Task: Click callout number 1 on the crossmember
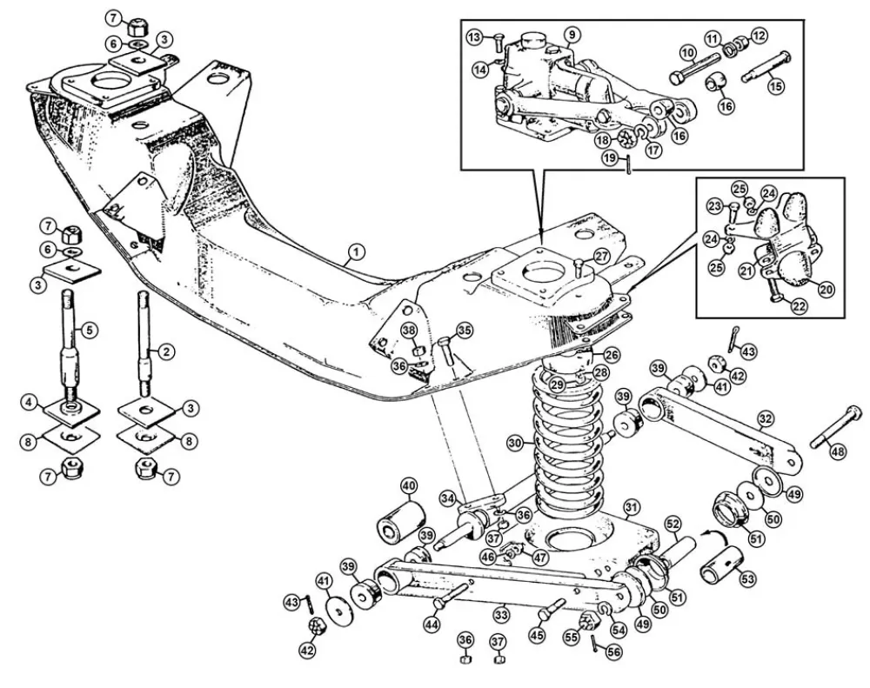click(x=357, y=252)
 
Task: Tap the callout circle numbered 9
click(x=572, y=35)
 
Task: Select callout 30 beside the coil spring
click(x=515, y=443)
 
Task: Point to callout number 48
click(x=838, y=451)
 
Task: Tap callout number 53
click(x=748, y=579)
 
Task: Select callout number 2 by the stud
click(x=167, y=351)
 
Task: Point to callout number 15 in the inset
click(x=777, y=85)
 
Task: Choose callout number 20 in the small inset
click(x=826, y=289)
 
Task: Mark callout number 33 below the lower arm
click(x=502, y=615)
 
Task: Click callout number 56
click(x=613, y=652)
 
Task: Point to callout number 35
click(x=464, y=331)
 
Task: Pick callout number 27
click(x=602, y=256)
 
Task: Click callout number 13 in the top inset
click(x=474, y=37)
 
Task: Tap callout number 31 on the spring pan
click(x=632, y=506)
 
